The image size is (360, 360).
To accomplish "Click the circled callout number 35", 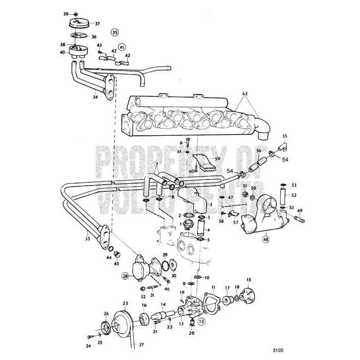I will pos(114,31).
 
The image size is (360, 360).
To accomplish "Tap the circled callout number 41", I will pos(121,47).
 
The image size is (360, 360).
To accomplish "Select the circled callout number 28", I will pos(125,277).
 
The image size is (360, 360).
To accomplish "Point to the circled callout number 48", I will pos(266,238).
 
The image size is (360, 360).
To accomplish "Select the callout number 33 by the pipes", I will pos(88,238).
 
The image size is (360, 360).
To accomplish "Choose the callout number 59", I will pos(218,159).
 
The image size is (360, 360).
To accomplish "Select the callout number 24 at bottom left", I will pos(87,346).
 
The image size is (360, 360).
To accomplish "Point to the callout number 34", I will pos(95,96).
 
